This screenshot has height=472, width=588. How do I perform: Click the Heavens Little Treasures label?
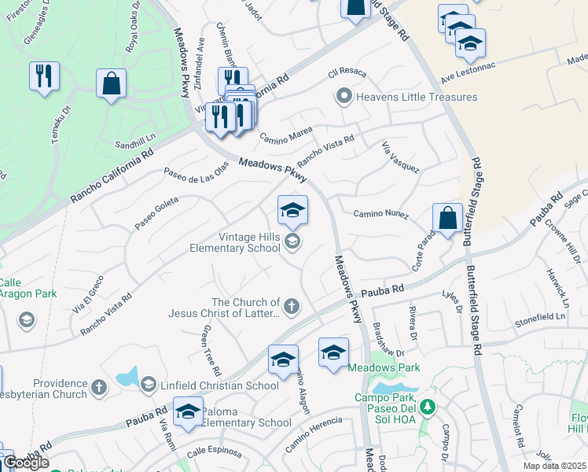coord(417,98)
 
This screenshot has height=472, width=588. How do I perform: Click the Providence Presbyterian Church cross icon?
coord(98,386)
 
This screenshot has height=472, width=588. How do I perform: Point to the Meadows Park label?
coord(384,367)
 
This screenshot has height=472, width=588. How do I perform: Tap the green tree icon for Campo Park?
coord(428,407)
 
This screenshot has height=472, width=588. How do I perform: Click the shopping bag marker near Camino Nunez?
coord(447,219)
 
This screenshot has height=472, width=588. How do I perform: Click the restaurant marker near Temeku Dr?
coord(43,76)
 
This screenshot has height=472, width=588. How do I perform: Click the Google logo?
coord(26,463)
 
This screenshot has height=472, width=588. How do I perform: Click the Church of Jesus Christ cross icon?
coord(291,306)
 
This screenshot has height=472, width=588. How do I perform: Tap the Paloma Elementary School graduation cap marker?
coord(188,412)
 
